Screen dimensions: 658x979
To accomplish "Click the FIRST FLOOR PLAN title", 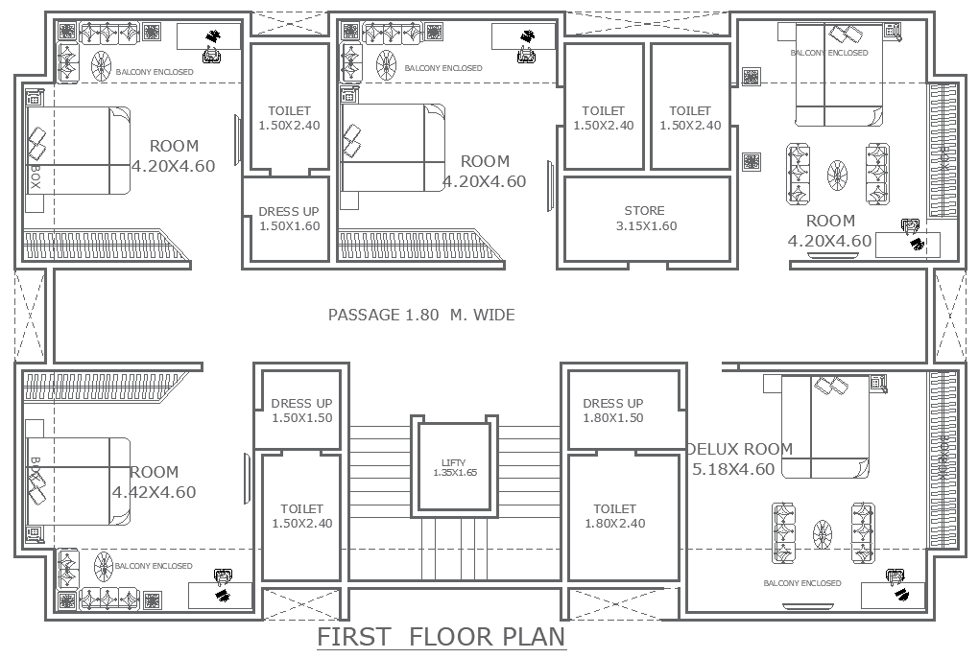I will coord(442,637).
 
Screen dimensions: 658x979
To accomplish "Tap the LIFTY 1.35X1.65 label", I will coord(455,468).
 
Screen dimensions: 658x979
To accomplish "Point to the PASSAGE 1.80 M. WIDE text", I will coord(421,315).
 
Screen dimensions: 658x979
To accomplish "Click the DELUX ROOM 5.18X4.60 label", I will coord(739,459).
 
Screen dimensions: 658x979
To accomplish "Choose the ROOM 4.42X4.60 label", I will coord(154,482).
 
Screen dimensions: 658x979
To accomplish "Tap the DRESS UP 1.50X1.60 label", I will coord(289,219).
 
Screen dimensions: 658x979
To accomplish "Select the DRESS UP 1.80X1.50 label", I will coord(613,411).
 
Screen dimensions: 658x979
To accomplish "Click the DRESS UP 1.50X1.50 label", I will coord(301,411).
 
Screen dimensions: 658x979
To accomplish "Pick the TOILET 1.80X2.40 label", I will coord(614,516).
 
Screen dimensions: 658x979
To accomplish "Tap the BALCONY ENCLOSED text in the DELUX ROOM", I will coord(801,583).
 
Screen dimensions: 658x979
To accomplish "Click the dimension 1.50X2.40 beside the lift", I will coord(301,524).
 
